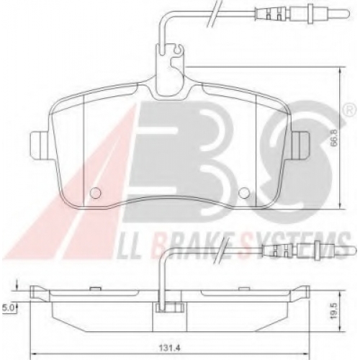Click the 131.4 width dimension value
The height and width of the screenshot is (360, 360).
pyautogui.click(x=169, y=348)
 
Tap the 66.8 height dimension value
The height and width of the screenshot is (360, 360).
pyautogui.click(x=334, y=138)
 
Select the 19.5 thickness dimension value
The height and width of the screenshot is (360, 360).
pyautogui.click(x=334, y=310)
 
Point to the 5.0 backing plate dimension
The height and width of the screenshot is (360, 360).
pyautogui.click(x=9, y=307)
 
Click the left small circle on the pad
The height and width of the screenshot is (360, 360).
pyautogui.click(x=95, y=193)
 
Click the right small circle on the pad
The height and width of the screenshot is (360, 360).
pyautogui.click(x=245, y=192)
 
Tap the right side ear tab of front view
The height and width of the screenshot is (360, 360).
pyautogui.click(x=300, y=145)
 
